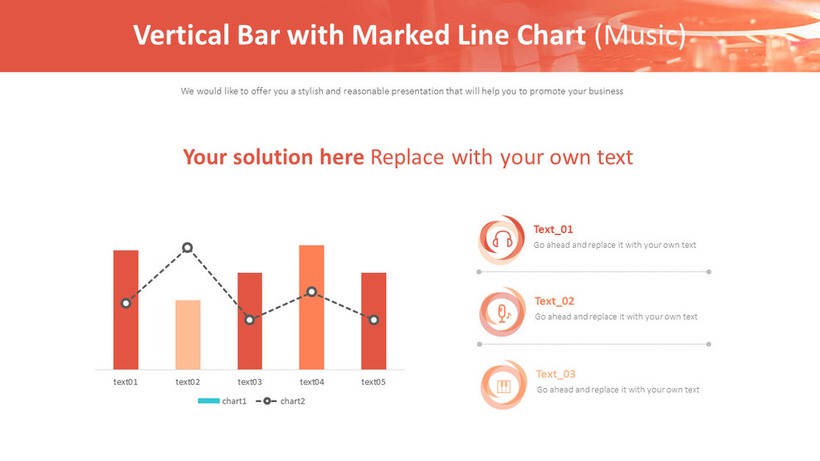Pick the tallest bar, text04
pos(311,332)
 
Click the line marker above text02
pos(188,247)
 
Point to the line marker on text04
pos(312,292)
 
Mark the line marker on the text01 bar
pos(126,303)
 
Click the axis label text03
pos(250,382)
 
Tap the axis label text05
pos(373,382)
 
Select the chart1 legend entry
pos(222,401)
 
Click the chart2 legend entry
pos(281,401)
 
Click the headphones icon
pos(502,240)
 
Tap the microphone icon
pos(503,313)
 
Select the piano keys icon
pos(504,386)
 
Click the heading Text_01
pos(554,230)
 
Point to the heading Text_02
pos(554,301)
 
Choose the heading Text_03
pos(556,374)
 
